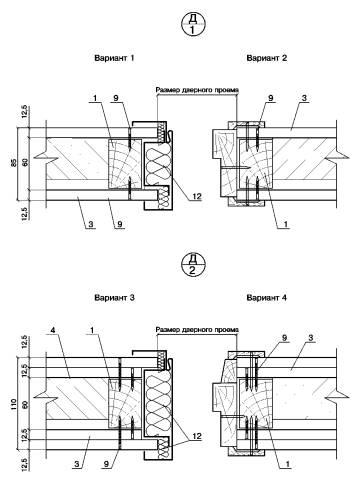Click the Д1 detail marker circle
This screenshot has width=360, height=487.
click(x=192, y=24)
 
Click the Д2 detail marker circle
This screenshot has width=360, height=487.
click(x=192, y=264)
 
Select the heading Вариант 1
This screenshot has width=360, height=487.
click(x=114, y=58)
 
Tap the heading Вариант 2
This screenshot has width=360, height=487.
click(x=267, y=58)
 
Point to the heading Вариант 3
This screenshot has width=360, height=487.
click(x=114, y=298)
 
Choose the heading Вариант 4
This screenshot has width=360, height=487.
click(x=267, y=298)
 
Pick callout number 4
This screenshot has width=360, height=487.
click(x=52, y=330)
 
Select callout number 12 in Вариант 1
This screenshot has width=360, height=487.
click(x=197, y=196)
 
